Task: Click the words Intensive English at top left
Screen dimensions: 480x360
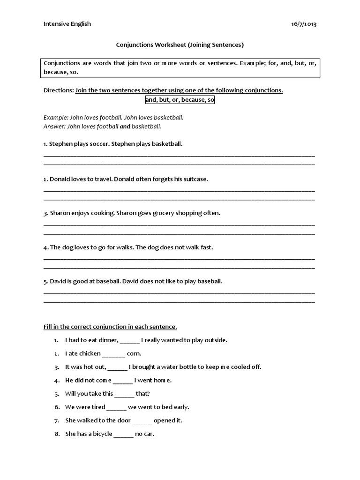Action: pyautogui.click(x=67, y=24)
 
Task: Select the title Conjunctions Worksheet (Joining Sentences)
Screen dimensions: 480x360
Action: pyautogui.click(x=180, y=45)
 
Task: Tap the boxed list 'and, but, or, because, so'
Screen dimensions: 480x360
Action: pyautogui.click(x=180, y=100)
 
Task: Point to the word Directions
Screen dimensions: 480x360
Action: pyautogui.click(x=58, y=90)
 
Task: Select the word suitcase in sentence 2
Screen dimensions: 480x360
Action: pyautogui.click(x=195, y=179)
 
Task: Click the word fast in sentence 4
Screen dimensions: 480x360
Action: pyautogui.click(x=206, y=247)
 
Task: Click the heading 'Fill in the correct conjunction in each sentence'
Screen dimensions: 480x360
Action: pyautogui.click(x=110, y=326)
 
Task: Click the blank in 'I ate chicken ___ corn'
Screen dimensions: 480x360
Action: pyautogui.click(x=113, y=354)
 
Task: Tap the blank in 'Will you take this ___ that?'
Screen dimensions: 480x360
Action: pyautogui.click(x=124, y=394)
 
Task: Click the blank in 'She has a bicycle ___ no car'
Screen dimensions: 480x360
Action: pyautogui.click(x=123, y=434)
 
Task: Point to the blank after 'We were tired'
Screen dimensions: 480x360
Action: pyautogui.click(x=116, y=407)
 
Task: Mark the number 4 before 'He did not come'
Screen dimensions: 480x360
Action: pyautogui.click(x=56, y=380)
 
